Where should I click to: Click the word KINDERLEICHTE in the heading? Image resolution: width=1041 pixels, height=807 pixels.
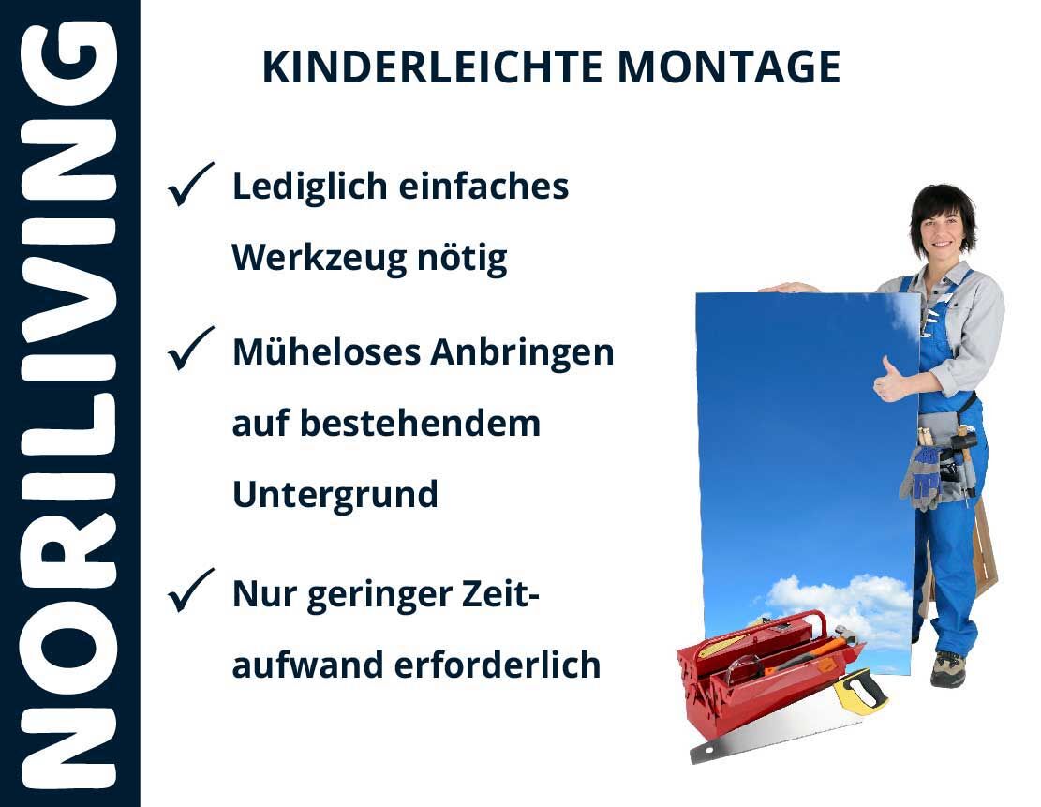[432, 67]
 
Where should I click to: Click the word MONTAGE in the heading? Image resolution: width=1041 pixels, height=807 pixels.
[729, 67]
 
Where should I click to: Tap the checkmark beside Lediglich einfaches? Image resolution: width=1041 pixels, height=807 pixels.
[190, 184]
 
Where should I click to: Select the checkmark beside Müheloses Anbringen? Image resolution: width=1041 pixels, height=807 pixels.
[190, 348]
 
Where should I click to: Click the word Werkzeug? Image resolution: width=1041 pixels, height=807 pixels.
[318, 259]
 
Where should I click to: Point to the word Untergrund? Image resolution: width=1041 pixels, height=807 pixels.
[335, 496]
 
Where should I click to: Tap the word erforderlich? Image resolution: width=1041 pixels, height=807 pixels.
[498, 665]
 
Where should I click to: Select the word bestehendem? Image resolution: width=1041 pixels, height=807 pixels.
[421, 424]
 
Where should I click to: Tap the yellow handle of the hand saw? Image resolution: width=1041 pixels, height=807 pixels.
[860, 691]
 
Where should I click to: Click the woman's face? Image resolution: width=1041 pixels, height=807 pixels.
[942, 229]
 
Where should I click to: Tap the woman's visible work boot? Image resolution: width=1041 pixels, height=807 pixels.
[947, 668]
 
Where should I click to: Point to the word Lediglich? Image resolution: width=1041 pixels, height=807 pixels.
[310, 187]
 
